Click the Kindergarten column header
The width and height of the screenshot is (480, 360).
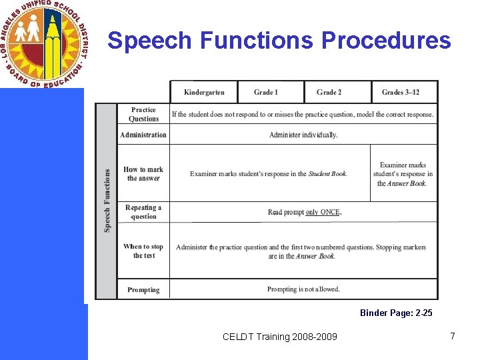204,92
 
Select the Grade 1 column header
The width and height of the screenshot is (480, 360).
266,92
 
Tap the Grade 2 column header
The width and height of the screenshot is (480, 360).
329,92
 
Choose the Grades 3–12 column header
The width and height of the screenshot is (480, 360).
401,92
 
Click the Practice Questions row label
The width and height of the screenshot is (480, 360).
143,114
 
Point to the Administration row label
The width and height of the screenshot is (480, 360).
143,135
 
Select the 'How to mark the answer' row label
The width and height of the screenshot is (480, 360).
143,174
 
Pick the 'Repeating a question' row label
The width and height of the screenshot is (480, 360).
143,212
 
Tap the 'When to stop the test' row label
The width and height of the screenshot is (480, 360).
143,251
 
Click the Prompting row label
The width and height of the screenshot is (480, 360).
143,290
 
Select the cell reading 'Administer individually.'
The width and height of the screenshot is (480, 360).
303,135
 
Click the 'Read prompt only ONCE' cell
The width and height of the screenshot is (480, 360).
304,212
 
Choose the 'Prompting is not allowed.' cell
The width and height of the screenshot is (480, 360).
303,289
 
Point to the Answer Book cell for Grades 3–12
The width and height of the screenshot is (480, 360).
403,174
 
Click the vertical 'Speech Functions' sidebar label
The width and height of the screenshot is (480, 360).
107,200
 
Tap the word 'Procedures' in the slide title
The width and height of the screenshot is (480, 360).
386,41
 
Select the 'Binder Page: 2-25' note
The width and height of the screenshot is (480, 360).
396,313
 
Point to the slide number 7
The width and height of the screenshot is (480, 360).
453,336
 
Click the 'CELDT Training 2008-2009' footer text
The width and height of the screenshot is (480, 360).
280,337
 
